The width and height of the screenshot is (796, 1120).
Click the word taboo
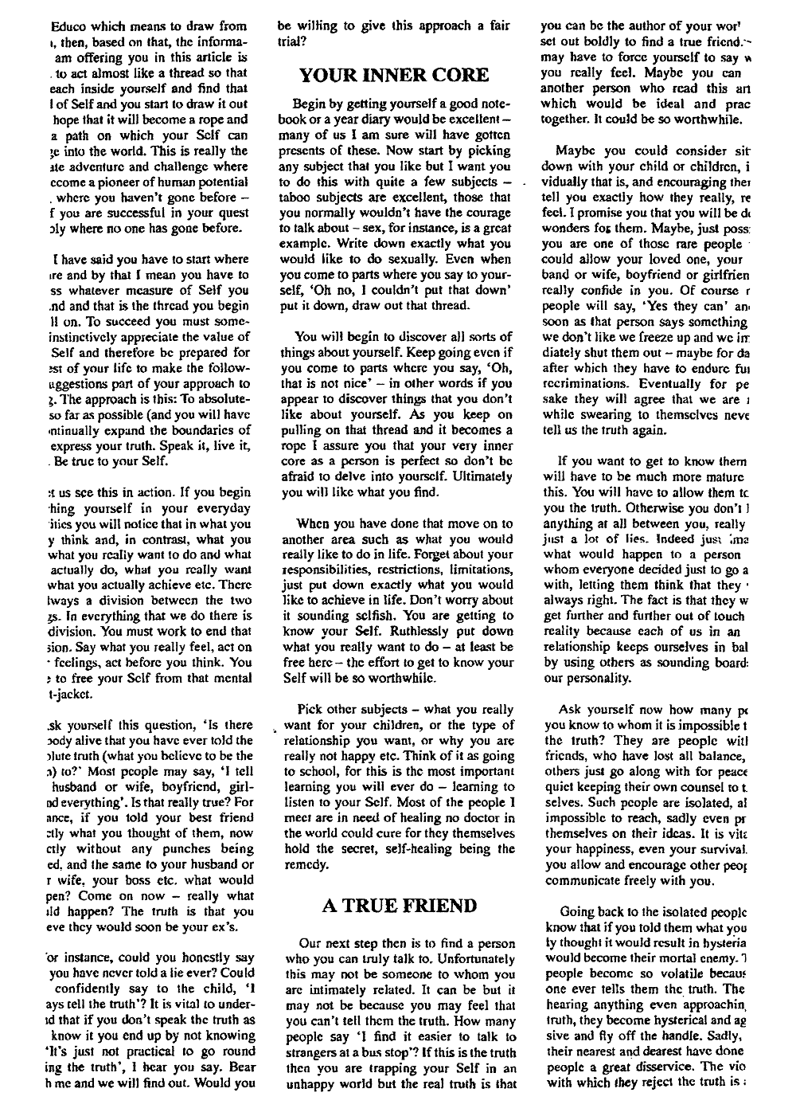[x=297, y=196]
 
